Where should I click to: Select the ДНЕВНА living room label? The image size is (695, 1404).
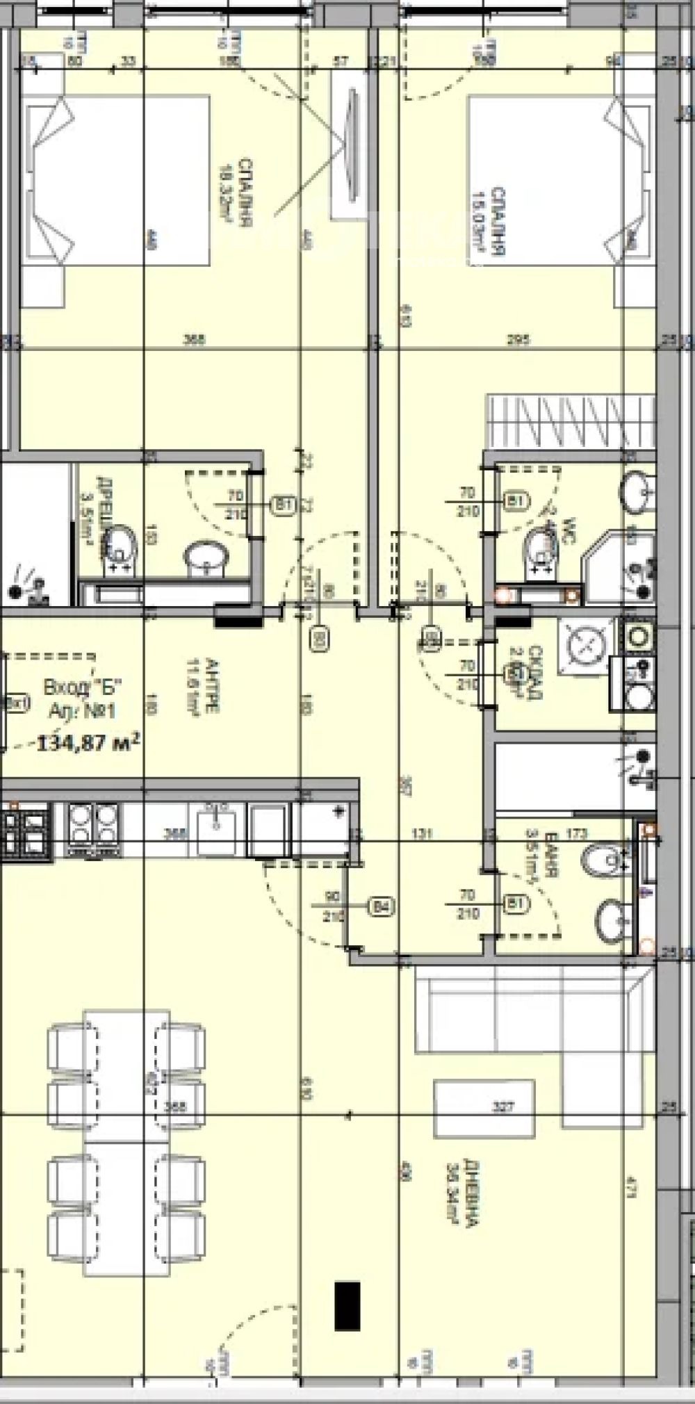tap(462, 1193)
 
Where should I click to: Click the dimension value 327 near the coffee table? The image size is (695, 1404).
tap(503, 1107)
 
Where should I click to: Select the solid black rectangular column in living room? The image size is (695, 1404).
tap(347, 1306)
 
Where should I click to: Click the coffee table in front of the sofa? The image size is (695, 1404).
tap(484, 1108)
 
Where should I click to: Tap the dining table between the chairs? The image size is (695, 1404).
tap(126, 1107)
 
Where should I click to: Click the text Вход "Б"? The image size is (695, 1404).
tap(83, 688)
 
